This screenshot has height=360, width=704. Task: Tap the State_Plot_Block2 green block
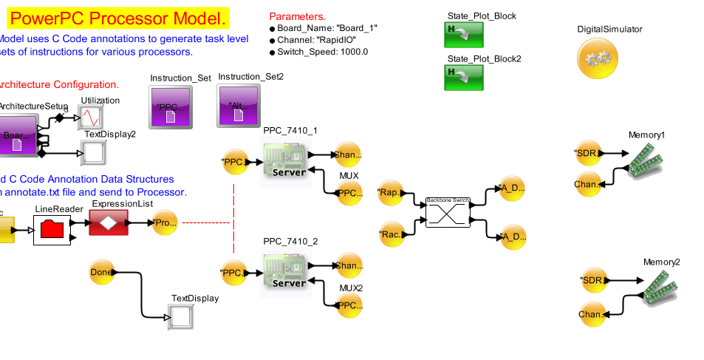click(x=463, y=77)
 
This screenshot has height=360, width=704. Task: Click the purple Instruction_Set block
click(x=170, y=107)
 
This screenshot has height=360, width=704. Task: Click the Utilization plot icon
click(x=92, y=118)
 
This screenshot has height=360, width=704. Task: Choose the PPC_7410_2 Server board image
click(x=285, y=272)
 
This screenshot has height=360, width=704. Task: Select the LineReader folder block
click(x=51, y=230)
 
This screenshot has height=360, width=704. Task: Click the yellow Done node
click(x=101, y=272)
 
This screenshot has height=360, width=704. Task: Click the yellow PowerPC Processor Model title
click(x=117, y=18)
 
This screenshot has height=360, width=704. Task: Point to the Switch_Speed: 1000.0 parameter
click(x=322, y=52)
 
